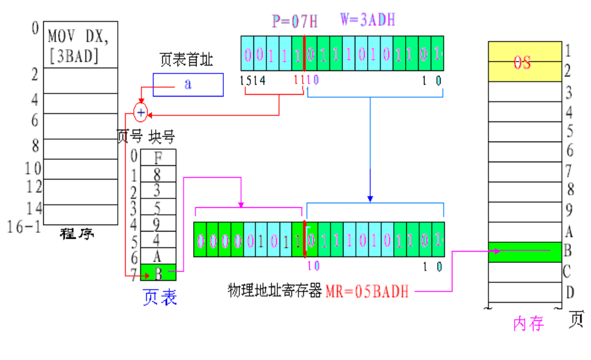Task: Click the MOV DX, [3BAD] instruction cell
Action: tap(81, 46)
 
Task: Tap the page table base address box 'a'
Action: tap(188, 84)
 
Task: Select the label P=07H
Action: tap(294, 22)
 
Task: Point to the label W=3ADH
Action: tap(367, 20)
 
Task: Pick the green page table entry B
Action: tap(158, 272)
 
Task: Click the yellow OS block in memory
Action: tap(523, 62)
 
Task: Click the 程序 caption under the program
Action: tap(77, 234)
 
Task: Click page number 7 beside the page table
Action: tap(134, 273)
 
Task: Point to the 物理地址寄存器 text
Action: tap(275, 291)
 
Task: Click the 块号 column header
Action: tap(162, 137)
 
